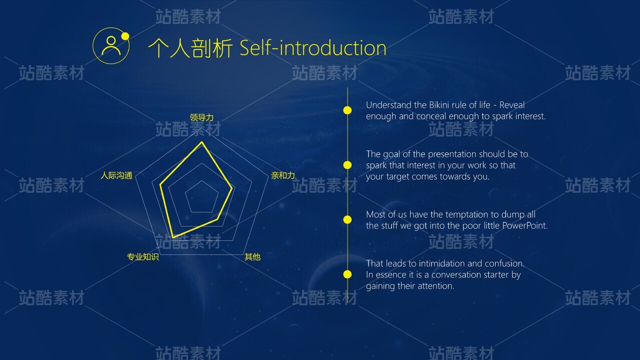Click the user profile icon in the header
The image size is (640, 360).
click(111, 46)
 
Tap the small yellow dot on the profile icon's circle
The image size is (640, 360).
click(125, 36)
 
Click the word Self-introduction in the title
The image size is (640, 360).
click(313, 48)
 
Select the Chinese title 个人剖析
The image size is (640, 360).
click(190, 48)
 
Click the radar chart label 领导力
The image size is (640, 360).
click(202, 118)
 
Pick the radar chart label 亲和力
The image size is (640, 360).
click(283, 175)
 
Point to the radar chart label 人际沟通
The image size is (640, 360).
click(117, 175)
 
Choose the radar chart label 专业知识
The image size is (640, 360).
click(143, 257)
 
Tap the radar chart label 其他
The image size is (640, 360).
click(252, 257)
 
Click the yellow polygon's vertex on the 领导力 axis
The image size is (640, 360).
click(202, 142)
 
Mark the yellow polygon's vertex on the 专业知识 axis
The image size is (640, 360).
click(173, 237)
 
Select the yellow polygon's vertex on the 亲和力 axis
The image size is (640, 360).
click(232, 188)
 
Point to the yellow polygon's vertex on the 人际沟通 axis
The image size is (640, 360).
click(160, 185)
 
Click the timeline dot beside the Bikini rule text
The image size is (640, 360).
click(348, 110)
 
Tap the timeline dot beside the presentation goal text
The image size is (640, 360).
click(348, 165)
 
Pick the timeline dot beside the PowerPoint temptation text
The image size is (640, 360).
click(348, 220)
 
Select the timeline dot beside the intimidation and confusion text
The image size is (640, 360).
click(348, 274)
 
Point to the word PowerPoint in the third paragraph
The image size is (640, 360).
click(525, 226)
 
